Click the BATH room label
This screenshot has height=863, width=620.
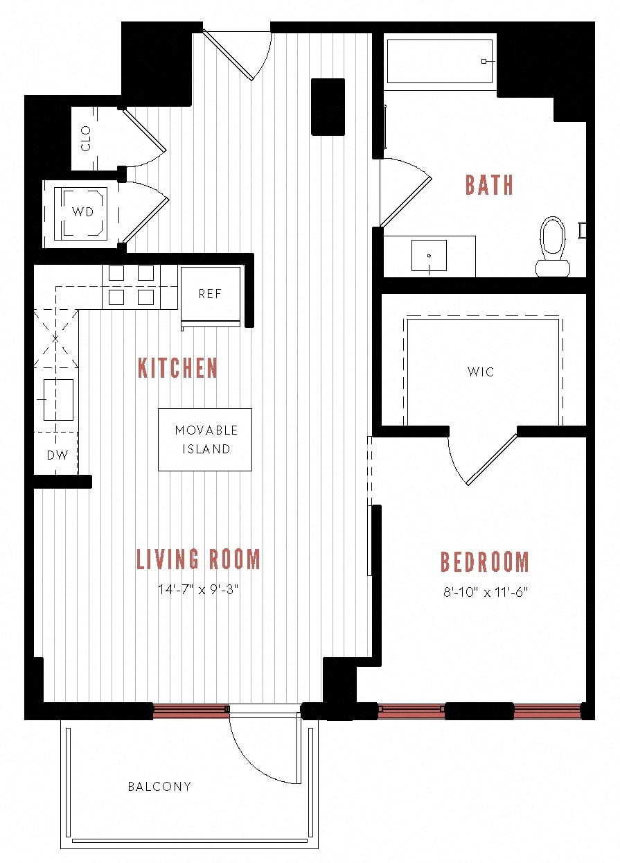tap(489, 184)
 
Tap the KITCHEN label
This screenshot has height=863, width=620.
tap(178, 367)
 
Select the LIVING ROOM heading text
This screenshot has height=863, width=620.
tap(198, 559)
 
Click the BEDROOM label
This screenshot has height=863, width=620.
tap(484, 561)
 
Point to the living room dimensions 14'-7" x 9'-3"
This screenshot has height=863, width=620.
tap(198, 589)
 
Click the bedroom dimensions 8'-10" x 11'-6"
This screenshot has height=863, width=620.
tap(485, 592)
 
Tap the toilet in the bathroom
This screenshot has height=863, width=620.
tap(553, 247)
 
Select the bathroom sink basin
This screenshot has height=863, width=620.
tap(429, 255)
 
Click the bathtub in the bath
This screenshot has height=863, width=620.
tap(439, 61)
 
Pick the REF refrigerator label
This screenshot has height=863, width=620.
tap(211, 294)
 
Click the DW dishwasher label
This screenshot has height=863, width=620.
tap(57, 455)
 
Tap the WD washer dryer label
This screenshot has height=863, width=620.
tap(83, 211)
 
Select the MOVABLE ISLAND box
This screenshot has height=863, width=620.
tap(205, 439)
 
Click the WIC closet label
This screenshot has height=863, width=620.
tap(481, 372)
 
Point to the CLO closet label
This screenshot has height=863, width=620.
tap(86, 138)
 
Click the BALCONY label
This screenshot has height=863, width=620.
tap(159, 786)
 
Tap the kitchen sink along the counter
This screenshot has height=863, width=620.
tap(58, 399)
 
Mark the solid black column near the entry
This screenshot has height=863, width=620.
tap(328, 107)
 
